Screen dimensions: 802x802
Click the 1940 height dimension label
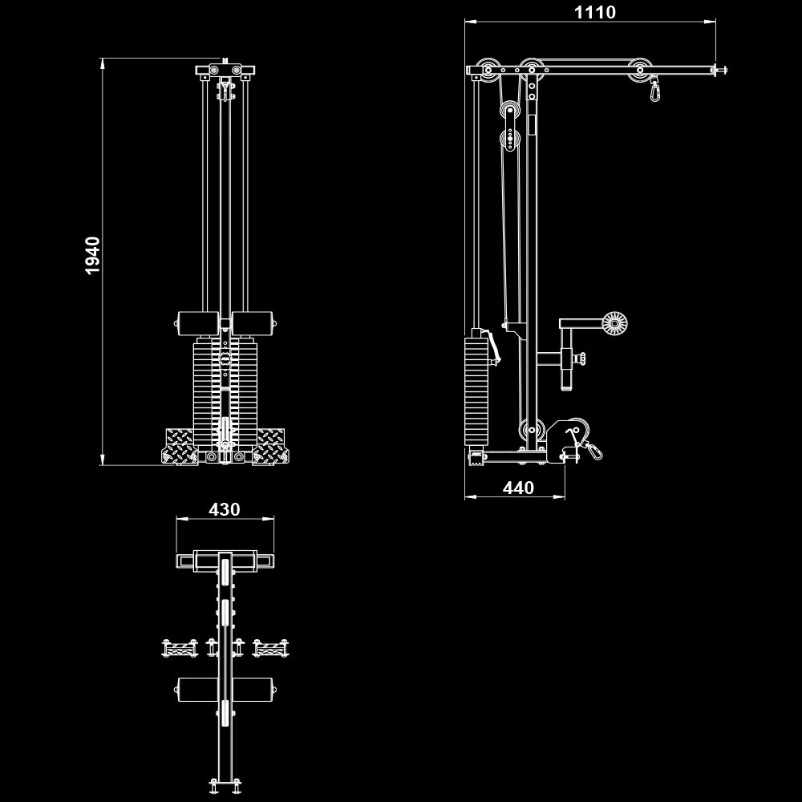[93, 255]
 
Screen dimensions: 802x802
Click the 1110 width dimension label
[594, 12]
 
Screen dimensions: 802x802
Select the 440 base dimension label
[518, 488]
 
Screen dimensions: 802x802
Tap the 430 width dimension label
[225, 509]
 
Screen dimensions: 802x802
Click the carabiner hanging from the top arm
[656, 90]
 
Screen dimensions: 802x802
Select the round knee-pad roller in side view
[614, 323]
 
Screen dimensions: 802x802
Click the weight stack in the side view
[476, 391]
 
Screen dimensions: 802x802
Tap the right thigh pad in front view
[253, 324]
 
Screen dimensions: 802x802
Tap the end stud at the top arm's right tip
[721, 71]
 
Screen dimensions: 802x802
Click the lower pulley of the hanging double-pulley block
[511, 140]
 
